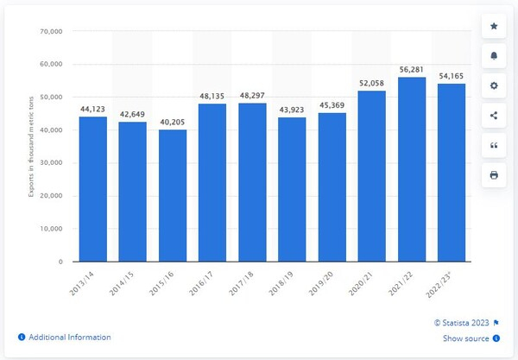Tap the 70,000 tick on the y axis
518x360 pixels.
[52, 32]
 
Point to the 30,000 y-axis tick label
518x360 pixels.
[52, 163]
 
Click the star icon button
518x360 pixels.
[494, 27]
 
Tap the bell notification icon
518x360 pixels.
[494, 56]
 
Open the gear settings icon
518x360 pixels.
[494, 85]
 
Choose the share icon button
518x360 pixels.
[494, 115]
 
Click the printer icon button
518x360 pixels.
[494, 174]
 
